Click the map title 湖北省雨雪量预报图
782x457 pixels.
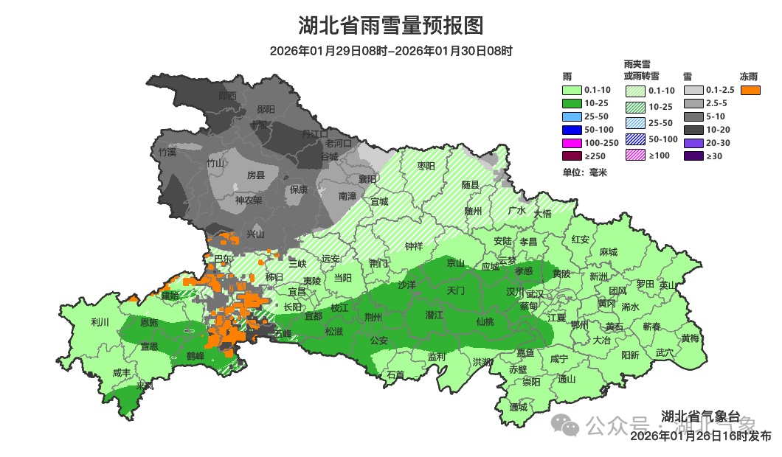tap(390, 26)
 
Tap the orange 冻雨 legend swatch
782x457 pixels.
tap(751, 90)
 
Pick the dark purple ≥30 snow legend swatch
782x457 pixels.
tap(693, 156)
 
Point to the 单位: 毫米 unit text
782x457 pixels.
tap(584, 172)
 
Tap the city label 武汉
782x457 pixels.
tap(534, 293)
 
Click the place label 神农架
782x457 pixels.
tap(249, 200)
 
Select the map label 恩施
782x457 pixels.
tap(149, 322)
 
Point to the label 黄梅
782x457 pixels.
tap(691, 338)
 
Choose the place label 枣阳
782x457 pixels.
tap(426, 166)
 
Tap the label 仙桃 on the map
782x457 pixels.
tap(485, 321)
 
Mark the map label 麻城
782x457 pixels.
tap(609, 251)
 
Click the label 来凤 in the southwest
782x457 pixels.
tap(145, 386)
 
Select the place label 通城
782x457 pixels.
tap(519, 407)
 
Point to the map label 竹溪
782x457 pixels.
tap(167, 153)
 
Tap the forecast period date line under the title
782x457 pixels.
tap(390, 51)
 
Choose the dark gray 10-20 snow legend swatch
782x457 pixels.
tap(693, 130)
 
